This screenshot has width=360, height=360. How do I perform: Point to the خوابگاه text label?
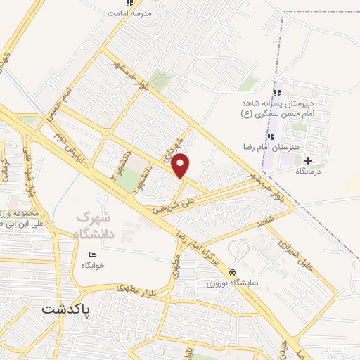point(93,265)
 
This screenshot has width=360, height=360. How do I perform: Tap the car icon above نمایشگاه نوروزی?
point(232,272)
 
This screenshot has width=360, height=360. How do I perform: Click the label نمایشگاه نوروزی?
point(232,283)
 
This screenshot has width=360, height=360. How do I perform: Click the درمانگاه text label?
point(309,171)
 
